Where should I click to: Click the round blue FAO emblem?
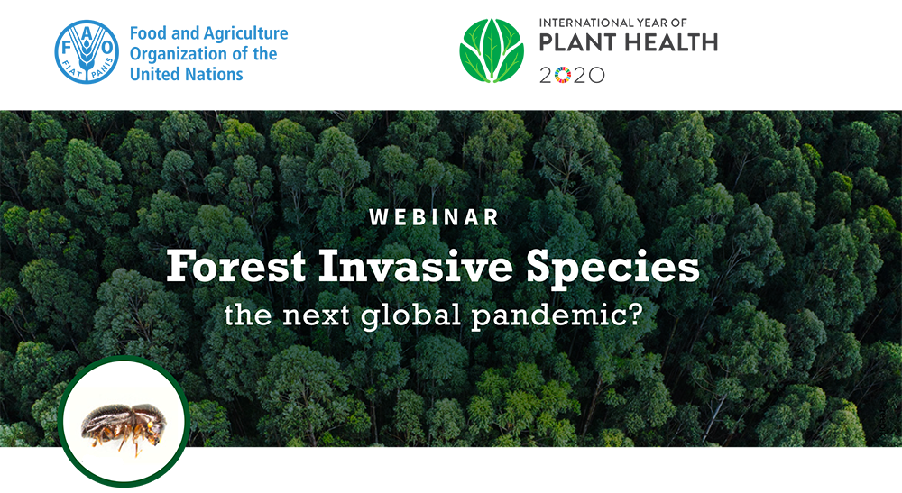(87, 51)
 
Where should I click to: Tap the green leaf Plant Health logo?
(492, 50)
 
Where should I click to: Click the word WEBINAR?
(435, 217)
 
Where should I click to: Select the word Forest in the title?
(235, 266)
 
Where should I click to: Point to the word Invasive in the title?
(415, 266)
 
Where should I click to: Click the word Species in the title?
(612, 269)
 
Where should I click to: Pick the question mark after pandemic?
(634, 314)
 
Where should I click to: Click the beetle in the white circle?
(124, 425)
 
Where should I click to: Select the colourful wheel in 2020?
(562, 76)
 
